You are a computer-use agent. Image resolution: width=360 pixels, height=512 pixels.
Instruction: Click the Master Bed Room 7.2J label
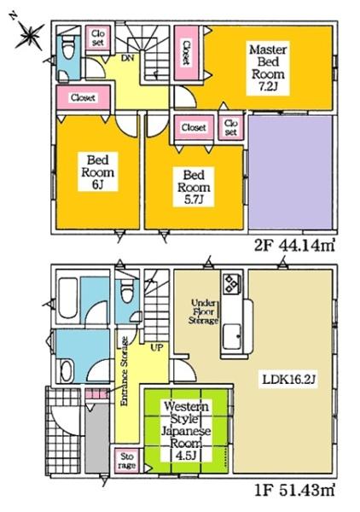268,68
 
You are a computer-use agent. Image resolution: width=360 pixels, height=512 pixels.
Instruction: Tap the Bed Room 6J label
97,172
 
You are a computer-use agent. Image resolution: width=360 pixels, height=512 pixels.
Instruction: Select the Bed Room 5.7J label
194,187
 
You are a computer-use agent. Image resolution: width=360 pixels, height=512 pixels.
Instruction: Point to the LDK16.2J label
288,379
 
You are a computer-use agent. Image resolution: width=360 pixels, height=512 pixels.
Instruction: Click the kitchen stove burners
232,282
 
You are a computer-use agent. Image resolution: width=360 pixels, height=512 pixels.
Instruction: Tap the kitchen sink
232,336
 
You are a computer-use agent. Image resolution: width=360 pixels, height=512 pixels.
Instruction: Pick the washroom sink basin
67,371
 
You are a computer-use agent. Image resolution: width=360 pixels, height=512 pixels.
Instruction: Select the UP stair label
157,348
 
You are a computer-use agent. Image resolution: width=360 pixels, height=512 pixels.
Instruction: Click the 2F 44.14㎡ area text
294,245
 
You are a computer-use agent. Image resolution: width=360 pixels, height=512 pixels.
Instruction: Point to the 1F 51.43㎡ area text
294,490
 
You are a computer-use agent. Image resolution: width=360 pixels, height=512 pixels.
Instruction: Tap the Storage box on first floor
127,461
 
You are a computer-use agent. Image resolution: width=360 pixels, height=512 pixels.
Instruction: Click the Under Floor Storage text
204,311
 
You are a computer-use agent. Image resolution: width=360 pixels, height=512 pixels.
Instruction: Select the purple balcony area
291,173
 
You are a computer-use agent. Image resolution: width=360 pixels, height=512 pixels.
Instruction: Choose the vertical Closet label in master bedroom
186,53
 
